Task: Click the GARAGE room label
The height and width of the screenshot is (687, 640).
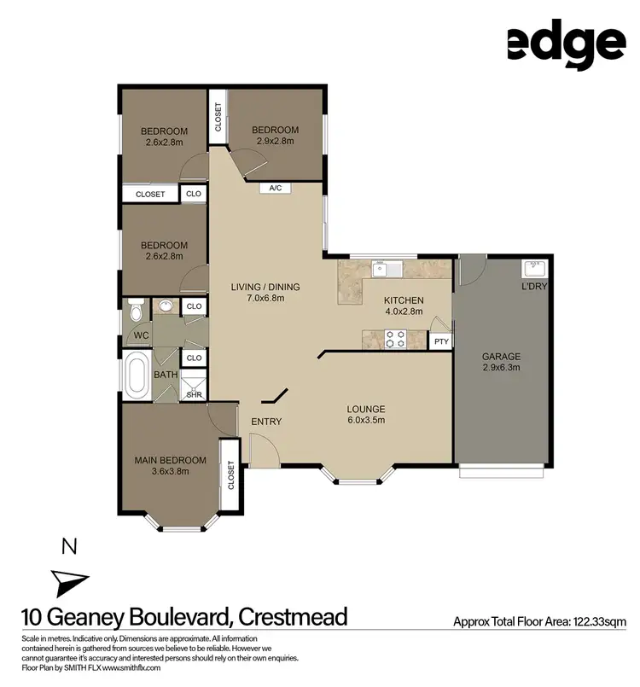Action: coord(501,356)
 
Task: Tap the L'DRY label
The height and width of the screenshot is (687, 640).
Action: coord(533,286)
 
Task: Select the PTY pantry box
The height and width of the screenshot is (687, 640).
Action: coord(441,341)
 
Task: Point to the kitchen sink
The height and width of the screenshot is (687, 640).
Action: coord(381,270)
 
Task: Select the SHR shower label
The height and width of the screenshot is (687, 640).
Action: coord(194,394)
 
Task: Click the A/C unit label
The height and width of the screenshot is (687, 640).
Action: coord(275,188)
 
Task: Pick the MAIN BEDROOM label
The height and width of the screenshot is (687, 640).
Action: coord(171,461)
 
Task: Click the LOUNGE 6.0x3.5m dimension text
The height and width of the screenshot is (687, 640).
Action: coord(367,420)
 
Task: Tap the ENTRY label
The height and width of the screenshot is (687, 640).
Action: coord(266,422)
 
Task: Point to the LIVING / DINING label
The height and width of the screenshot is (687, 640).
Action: coord(265,287)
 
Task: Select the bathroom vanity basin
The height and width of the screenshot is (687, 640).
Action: coord(166,305)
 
